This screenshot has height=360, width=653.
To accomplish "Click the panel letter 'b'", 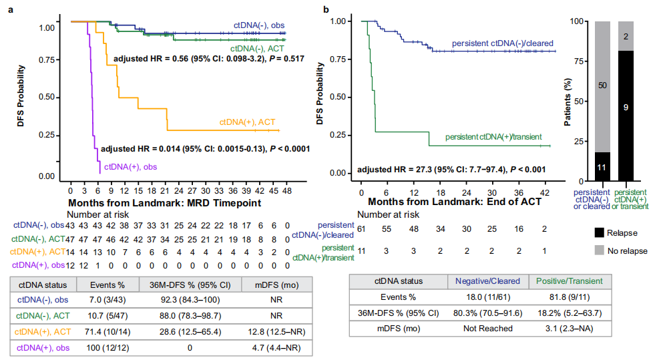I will (326, 9).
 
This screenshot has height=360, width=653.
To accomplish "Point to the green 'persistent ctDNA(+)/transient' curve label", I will (493, 136).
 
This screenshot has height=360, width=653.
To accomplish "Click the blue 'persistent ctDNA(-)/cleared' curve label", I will (503, 44).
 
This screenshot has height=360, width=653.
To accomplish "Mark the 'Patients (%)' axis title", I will (568, 100).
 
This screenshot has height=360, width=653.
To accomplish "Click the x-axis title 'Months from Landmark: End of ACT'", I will (445, 202).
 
